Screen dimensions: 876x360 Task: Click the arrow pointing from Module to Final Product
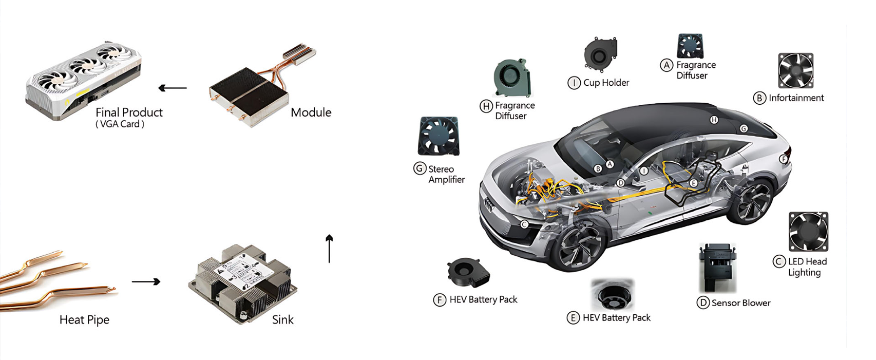coord(173,88)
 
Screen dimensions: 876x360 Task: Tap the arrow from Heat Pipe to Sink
coord(146,281)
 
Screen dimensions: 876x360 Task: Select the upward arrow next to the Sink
coord(329,249)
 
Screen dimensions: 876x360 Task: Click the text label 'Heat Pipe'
coord(85,320)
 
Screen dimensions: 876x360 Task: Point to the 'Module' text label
coord(311,112)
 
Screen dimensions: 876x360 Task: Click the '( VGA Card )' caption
coord(120,124)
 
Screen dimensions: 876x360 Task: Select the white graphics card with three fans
coord(83,80)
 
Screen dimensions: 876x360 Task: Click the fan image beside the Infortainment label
coord(796,70)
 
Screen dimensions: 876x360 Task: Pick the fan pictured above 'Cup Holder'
coord(600,54)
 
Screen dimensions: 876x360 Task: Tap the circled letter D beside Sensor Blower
coord(703,302)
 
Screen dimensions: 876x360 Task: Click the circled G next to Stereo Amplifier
coord(420,168)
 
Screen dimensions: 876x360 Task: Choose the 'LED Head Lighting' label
coord(808,267)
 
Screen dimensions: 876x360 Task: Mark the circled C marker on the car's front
coord(524,224)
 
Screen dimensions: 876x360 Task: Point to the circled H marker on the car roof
coord(714,120)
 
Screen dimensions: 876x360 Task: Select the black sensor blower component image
coord(717,268)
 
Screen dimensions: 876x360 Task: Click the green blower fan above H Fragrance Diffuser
coord(512,78)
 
